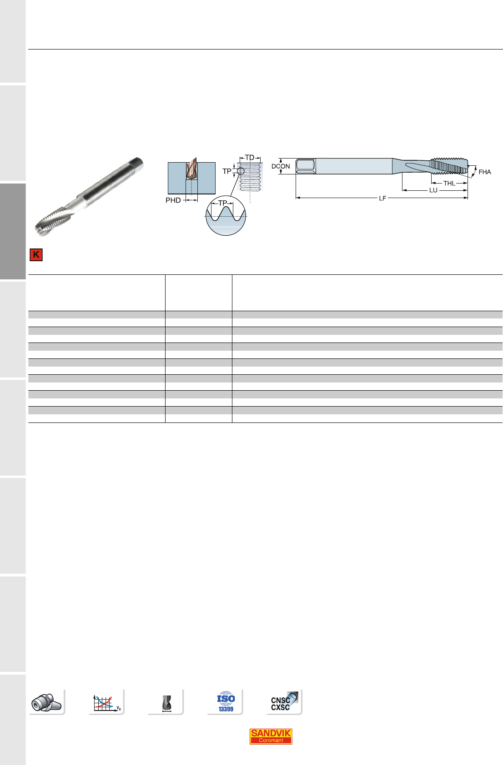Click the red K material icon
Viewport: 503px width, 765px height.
pos(36,255)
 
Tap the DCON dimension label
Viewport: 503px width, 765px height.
pos(281,166)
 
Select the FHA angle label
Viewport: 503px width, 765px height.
pos(484,172)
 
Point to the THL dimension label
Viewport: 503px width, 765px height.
pos(449,184)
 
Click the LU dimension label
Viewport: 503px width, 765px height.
pos(433,190)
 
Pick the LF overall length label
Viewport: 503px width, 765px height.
pos(382,198)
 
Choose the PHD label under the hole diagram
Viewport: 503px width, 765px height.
pos(173,200)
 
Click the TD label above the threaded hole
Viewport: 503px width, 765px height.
pos(250,158)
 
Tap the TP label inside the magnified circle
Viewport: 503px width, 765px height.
pos(222,203)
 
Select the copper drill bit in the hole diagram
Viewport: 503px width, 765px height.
pos(191,169)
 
